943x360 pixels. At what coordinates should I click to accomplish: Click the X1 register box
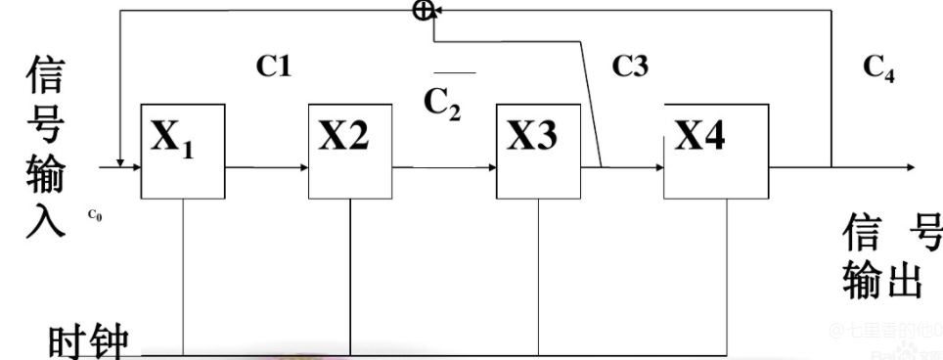pos(184,150)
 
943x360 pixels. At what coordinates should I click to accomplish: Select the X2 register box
pos(350,150)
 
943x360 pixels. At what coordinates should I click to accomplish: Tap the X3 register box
pos(537,150)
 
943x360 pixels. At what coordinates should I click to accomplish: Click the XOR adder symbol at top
pos(423,11)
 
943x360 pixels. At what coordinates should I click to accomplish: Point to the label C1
pos(275,66)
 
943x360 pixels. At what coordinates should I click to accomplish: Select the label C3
pos(630,66)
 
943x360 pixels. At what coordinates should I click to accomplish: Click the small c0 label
pos(94,215)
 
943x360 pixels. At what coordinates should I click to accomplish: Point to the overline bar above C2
pos(455,71)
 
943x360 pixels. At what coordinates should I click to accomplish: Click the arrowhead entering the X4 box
pos(657,167)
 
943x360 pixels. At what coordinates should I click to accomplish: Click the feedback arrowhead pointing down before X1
pos(118,161)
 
